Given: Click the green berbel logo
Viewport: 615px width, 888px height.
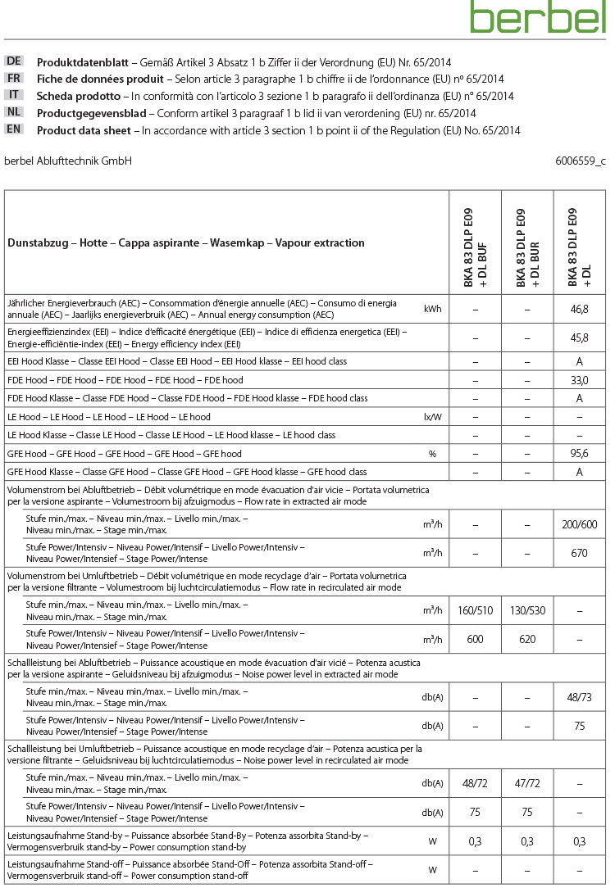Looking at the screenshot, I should tap(538, 17).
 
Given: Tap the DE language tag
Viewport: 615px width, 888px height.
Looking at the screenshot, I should tap(14, 61).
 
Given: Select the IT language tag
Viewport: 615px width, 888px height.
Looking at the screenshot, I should tap(14, 95).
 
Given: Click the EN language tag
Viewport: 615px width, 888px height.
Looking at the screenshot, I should tap(14, 129).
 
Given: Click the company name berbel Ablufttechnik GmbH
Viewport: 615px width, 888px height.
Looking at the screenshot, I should tap(68, 161).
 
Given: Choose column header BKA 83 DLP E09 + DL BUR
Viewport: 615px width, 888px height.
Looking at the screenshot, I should tap(527, 242).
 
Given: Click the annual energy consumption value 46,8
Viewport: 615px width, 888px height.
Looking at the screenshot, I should tap(580, 309).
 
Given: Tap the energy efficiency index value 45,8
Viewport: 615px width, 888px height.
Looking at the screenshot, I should tap(580, 337).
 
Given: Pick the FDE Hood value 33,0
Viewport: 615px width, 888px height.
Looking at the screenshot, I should tap(580, 380).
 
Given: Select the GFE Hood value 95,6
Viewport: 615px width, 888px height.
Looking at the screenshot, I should tap(580, 453).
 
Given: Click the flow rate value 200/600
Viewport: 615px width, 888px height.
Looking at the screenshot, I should tap(580, 525).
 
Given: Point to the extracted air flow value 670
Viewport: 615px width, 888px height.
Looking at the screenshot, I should tap(580, 553).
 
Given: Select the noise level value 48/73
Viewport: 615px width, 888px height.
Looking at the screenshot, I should tap(580, 697).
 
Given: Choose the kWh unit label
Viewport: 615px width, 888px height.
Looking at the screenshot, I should tap(433, 309).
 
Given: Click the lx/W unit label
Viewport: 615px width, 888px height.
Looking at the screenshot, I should tap(433, 417).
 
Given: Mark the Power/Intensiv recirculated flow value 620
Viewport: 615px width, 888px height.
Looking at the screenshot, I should tap(527, 639).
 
